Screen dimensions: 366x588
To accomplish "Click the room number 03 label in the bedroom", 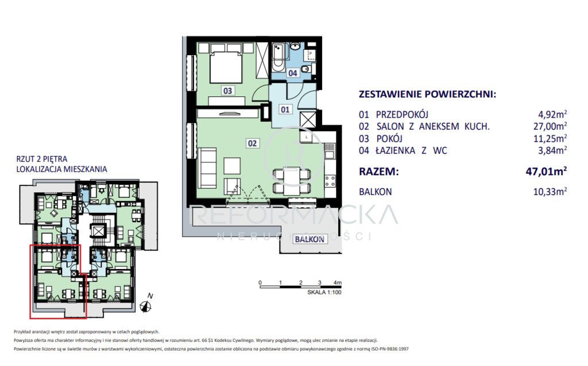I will (x=227, y=90).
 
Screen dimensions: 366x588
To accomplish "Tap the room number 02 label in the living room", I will (x=252, y=143).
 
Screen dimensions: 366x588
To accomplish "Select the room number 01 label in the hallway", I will (x=285, y=108).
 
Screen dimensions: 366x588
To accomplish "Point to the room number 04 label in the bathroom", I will (x=292, y=73).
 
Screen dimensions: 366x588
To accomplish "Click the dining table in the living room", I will (x=292, y=178).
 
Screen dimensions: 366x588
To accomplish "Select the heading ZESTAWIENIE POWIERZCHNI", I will (x=427, y=94).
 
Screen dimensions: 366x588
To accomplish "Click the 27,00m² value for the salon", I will (x=550, y=126).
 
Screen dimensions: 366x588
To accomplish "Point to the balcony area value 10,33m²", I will (x=550, y=192).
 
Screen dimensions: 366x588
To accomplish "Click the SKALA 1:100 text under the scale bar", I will (x=324, y=291).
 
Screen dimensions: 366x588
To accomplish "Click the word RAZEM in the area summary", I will (x=378, y=171).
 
